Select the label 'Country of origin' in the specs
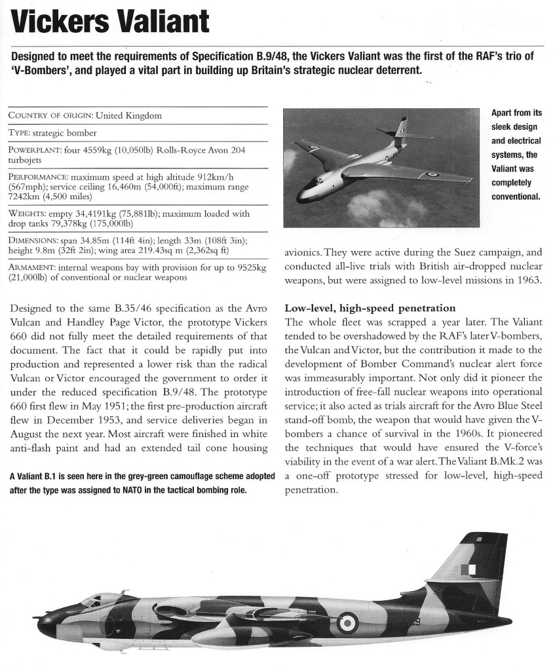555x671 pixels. click(50, 116)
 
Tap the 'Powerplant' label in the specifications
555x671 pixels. click(35, 150)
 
